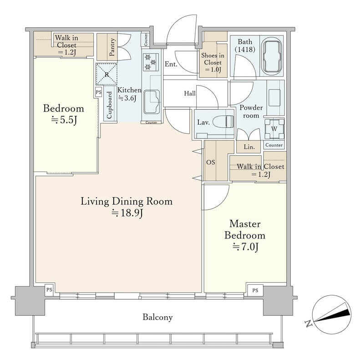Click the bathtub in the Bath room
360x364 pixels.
[x=272, y=56]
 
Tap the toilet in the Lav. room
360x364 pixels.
[x=223, y=122]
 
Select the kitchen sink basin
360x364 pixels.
[x=152, y=101]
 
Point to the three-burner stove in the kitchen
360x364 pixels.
[x=151, y=62]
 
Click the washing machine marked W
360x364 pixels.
[x=274, y=129]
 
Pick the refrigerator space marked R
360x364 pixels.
[x=106, y=74]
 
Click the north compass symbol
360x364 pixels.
[x=330, y=314]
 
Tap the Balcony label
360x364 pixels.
[x=157, y=317]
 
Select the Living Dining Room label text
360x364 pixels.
[x=127, y=201]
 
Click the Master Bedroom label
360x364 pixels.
[x=245, y=230]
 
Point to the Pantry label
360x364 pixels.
[x=112, y=47]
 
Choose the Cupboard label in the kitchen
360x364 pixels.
[x=109, y=105]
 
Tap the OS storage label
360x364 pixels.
[x=211, y=162]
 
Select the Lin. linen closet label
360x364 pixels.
[x=249, y=147]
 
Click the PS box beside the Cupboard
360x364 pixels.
[x=98, y=92]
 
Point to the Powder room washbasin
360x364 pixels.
[x=274, y=98]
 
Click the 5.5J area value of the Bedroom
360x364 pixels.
[x=64, y=120]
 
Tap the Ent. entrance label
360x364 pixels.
[x=171, y=64]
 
